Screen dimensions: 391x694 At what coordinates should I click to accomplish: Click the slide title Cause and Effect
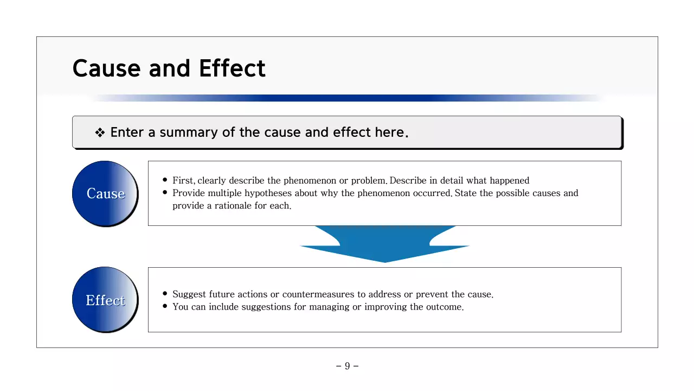169,68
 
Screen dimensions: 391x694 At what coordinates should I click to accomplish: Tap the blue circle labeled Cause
105,193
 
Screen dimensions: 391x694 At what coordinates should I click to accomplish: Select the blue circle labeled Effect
105,300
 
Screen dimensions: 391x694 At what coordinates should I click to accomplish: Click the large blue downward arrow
385,243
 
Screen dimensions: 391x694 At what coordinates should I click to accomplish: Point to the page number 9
347,366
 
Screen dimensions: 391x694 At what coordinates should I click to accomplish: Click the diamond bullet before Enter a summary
100,133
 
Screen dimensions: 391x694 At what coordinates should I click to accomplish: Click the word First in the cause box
183,180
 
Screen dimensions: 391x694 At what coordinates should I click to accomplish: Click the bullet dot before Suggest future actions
165,294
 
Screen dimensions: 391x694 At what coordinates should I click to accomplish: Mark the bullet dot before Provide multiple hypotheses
165,193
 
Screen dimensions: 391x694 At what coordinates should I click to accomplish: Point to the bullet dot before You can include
165,306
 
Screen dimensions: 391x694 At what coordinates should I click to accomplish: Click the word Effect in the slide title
232,68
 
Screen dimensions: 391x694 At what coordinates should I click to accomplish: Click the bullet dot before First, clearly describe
165,180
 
